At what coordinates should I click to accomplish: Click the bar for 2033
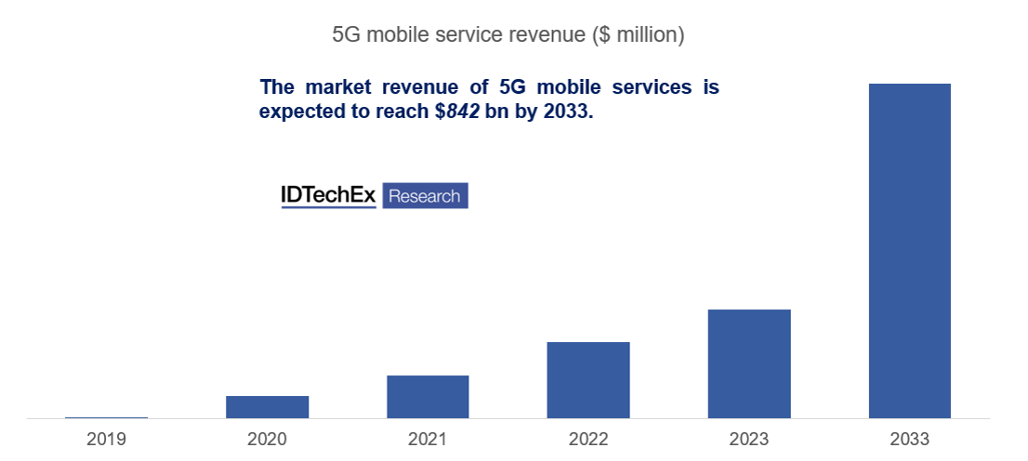(909, 251)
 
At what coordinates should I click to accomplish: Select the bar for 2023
(748, 363)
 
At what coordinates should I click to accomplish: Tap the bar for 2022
(587, 380)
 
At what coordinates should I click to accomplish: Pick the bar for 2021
(428, 397)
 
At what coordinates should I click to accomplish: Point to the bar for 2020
(267, 407)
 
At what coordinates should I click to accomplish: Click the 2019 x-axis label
(106, 439)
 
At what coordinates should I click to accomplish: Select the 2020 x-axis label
(267, 439)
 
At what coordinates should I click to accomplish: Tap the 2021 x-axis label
(428, 439)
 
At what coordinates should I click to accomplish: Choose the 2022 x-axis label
(587, 439)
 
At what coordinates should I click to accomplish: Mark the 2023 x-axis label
(748, 439)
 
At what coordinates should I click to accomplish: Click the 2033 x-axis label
(909, 439)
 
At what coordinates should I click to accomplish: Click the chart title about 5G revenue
(508, 35)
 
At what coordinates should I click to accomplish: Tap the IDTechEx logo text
(328, 195)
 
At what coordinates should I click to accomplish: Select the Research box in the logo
(425, 195)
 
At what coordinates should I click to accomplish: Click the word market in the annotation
(337, 87)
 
